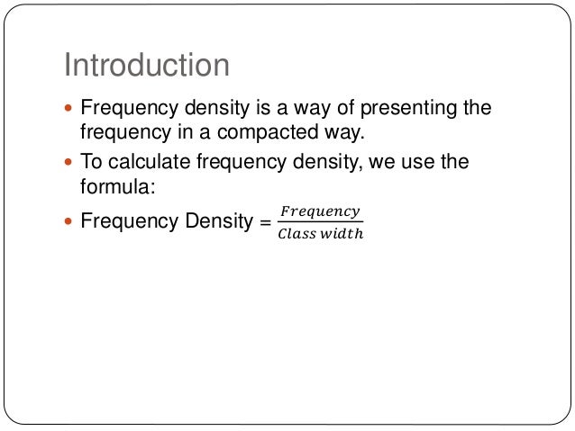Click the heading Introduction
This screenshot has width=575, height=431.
(x=147, y=66)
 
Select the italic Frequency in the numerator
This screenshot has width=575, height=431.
(x=320, y=212)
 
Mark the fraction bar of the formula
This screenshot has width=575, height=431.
(x=320, y=223)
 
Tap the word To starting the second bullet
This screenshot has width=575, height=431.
(x=92, y=162)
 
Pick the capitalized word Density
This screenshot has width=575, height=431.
(x=214, y=220)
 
